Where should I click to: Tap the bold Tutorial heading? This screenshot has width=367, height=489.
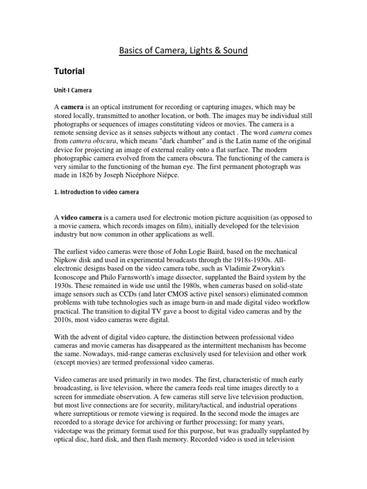click(x=69, y=72)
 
